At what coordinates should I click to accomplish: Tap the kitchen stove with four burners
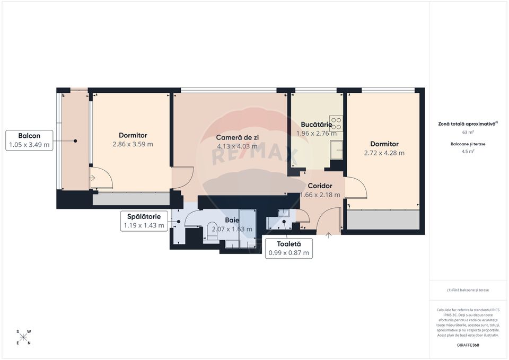[x=336, y=123]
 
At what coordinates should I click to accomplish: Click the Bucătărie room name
[x=317, y=125]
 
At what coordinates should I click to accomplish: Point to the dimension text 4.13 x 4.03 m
[x=237, y=146]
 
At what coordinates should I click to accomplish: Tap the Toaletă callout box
[x=289, y=249]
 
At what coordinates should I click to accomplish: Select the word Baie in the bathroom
[x=232, y=220]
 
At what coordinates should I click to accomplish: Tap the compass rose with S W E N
[x=23, y=337]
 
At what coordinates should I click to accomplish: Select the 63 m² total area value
[x=468, y=133]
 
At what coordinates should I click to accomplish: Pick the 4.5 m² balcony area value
[x=468, y=151]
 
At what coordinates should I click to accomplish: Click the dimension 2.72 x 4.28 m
[x=384, y=153]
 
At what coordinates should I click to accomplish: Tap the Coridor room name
[x=320, y=186]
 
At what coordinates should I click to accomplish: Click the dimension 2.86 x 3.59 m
[x=133, y=144]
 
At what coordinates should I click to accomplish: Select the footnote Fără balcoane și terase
[x=468, y=290]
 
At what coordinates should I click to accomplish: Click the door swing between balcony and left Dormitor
[x=101, y=179]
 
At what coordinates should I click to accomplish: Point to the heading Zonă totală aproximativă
[x=468, y=123]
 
